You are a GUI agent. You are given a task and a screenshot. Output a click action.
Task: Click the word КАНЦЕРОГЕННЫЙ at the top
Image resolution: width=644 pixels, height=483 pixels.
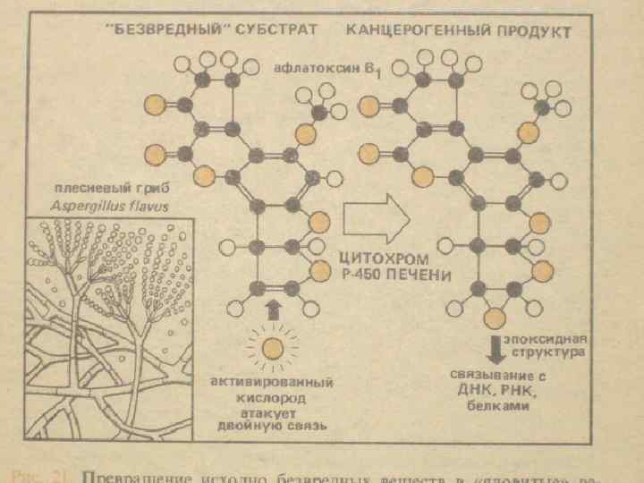click(411, 31)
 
